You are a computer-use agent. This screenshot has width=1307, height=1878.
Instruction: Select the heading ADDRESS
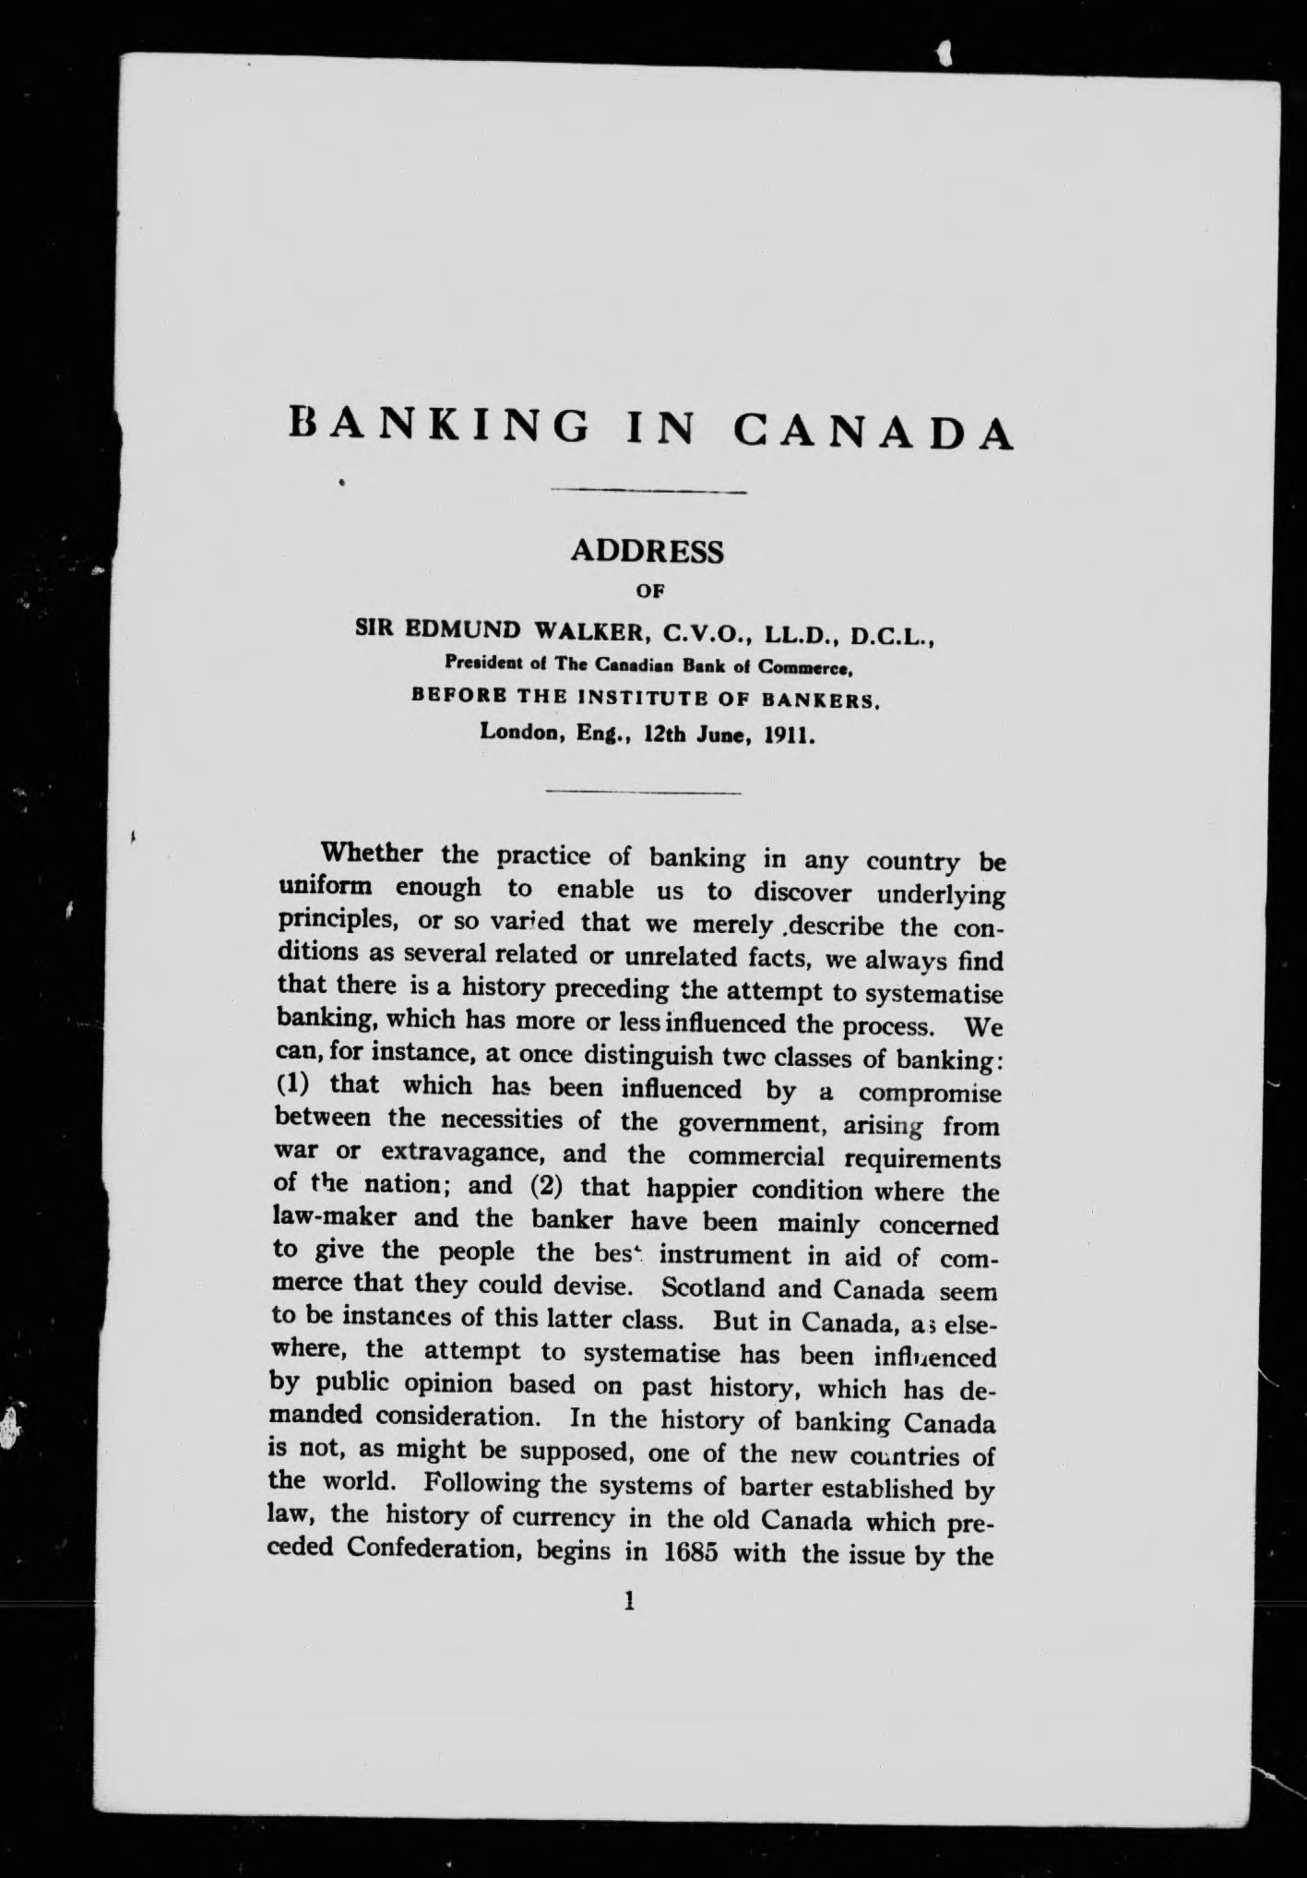tap(648, 551)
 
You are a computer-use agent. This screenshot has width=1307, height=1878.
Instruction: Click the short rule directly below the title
tap(648, 492)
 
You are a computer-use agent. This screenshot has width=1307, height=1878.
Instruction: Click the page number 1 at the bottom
tap(630, 1601)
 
